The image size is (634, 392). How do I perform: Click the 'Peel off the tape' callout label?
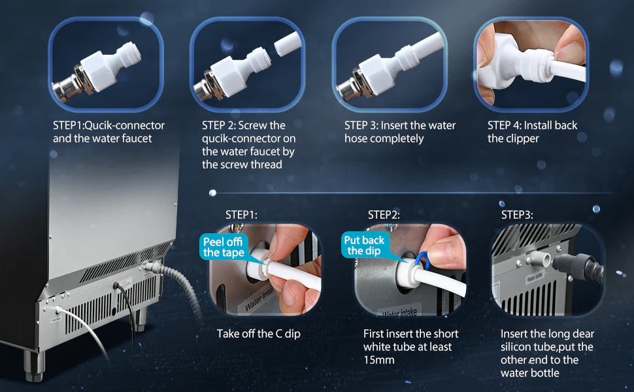[x=224, y=248]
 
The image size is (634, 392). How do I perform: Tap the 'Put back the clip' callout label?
[x=364, y=245]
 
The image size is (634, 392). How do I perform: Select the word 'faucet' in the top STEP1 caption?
[x=137, y=139]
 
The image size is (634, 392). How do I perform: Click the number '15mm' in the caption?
[x=379, y=360]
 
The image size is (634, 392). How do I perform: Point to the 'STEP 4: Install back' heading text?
[x=532, y=125]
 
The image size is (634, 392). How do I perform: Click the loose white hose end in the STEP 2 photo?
[x=288, y=44]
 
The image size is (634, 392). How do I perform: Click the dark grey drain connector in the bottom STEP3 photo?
[x=577, y=267]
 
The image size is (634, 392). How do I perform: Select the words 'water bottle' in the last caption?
[x=529, y=373]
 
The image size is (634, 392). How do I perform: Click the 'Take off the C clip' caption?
[x=258, y=334]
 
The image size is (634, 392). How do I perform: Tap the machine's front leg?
[x=34, y=365]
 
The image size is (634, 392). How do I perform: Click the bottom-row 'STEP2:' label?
[x=384, y=215]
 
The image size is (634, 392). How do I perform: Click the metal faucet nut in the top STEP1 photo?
[x=71, y=85]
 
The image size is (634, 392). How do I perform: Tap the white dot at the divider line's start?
[x=212, y=193]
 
